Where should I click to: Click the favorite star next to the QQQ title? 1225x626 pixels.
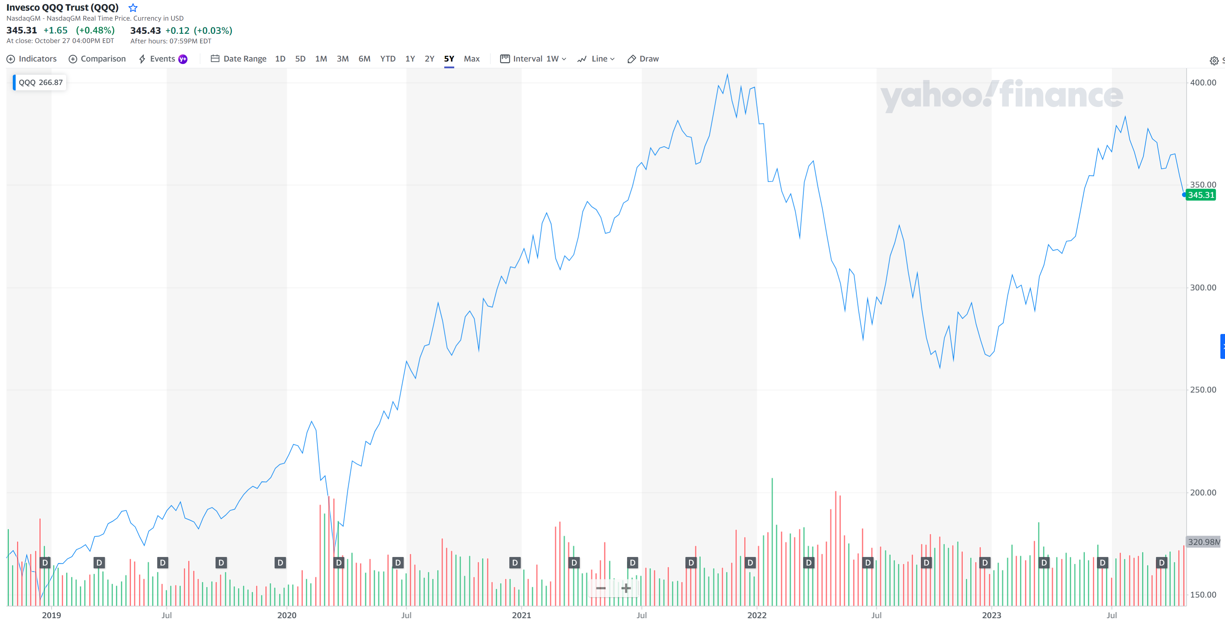133,7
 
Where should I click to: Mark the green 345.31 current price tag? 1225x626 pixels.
1201,195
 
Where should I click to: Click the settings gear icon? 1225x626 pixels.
1214,61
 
